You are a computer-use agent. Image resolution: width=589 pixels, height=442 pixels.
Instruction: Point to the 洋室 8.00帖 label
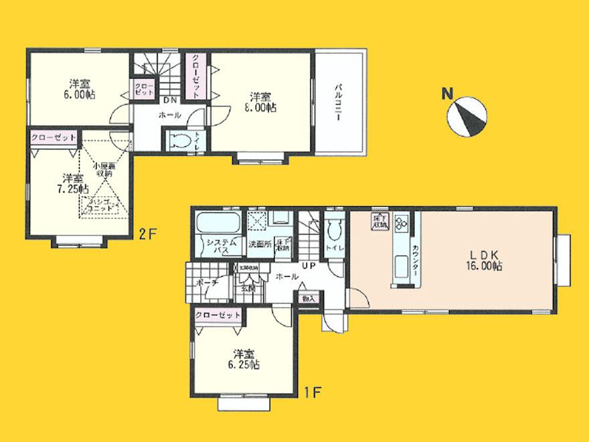coord(260,101)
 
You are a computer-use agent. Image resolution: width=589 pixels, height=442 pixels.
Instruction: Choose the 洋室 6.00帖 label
coord(80,90)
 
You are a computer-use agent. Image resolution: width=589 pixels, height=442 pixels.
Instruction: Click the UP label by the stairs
coord(309,267)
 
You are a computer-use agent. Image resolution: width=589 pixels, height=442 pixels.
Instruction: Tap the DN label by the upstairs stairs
coord(170,100)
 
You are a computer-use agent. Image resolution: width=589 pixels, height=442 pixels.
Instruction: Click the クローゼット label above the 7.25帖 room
coord(54,137)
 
